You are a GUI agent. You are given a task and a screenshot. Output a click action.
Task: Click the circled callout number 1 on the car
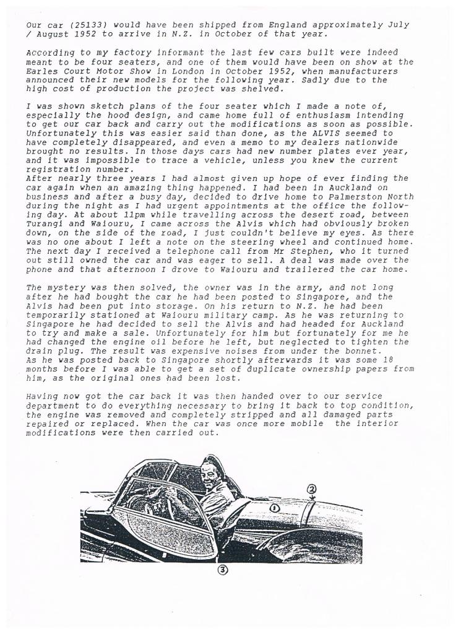274,508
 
